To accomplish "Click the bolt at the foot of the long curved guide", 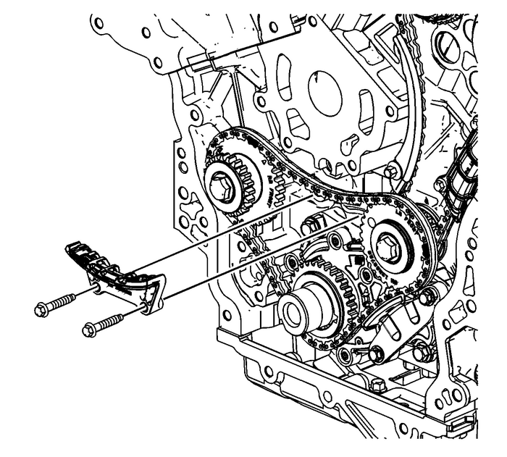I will pos(393,172).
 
